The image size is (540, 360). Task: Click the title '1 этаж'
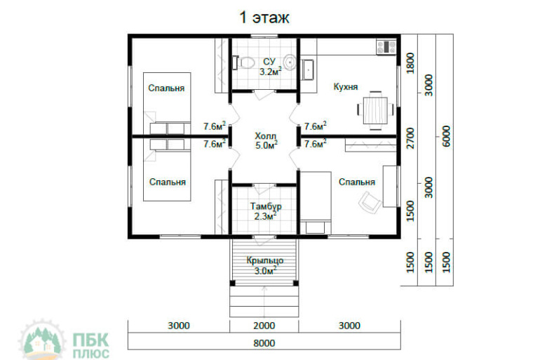[264, 18]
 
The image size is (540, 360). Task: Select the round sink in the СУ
[290, 62]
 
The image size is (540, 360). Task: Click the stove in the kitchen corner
[386, 46]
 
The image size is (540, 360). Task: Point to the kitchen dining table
[375, 110]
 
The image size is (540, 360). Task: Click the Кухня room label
[346, 86]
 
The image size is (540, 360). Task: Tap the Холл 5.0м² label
[266, 140]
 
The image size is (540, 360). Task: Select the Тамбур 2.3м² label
[266, 211]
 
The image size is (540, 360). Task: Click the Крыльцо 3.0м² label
[265, 265]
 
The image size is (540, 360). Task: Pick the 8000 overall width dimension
[264, 343]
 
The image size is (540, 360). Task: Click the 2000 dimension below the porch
[264, 326]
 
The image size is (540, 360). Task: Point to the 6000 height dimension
[445, 136]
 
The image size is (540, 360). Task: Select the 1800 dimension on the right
[410, 63]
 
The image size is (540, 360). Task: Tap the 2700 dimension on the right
[410, 138]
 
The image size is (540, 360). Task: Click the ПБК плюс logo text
[91, 345]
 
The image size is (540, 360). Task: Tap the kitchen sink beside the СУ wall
[308, 69]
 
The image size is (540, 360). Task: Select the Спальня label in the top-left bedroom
[166, 88]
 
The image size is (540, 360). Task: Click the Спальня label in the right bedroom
[357, 182]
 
